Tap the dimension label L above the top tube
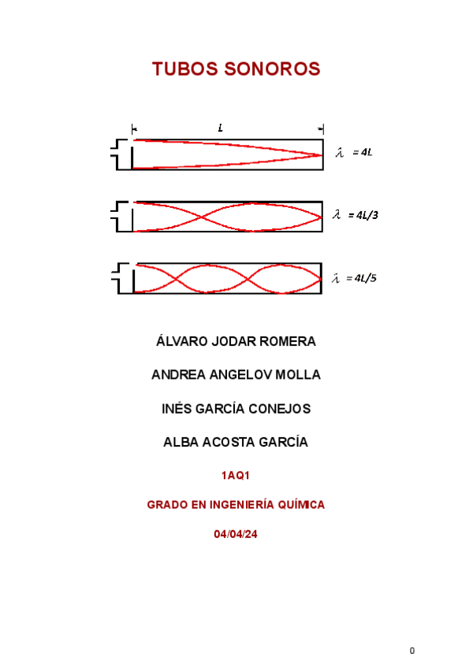coord(221,128)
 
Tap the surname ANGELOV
coord(240,375)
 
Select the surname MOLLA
coord(299,375)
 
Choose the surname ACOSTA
coord(226,443)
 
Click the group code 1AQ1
coord(236,476)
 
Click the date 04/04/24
coord(236,534)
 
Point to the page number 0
coord(412,651)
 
